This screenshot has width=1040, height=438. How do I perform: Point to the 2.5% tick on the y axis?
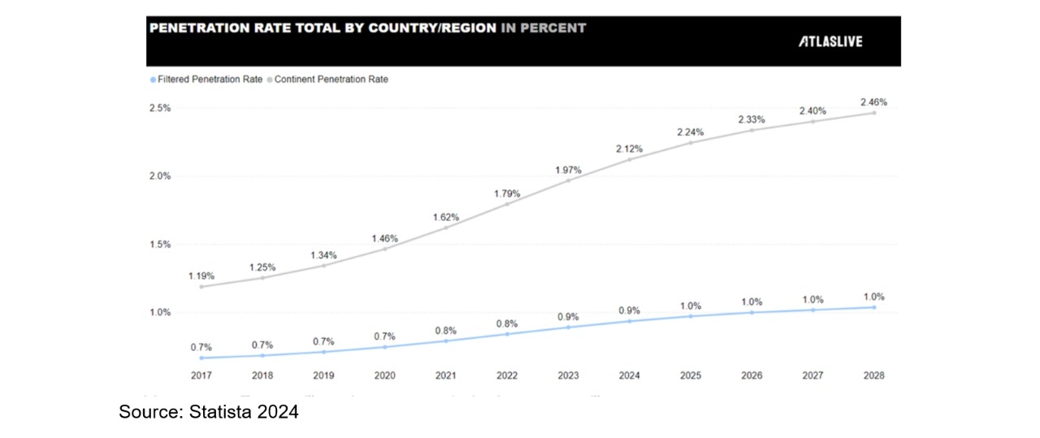159,108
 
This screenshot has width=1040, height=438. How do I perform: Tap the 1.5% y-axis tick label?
159,245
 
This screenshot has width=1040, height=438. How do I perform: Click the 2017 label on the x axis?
201,375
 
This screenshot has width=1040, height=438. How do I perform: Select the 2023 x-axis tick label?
567,375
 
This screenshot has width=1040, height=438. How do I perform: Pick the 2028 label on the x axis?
874,375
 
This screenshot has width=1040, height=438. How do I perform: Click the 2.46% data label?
874,102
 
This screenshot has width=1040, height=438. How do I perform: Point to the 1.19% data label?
202,276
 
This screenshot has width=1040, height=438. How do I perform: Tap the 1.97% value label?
568,169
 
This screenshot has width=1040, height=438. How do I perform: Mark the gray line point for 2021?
445,228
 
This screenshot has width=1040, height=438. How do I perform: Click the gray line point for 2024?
629,159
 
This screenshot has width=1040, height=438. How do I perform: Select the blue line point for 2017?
201,358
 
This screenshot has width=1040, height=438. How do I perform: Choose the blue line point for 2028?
874,307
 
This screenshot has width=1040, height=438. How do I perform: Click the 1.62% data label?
446,217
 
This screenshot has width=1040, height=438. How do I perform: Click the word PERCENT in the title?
554,28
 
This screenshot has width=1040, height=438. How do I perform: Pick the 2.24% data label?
691,132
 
